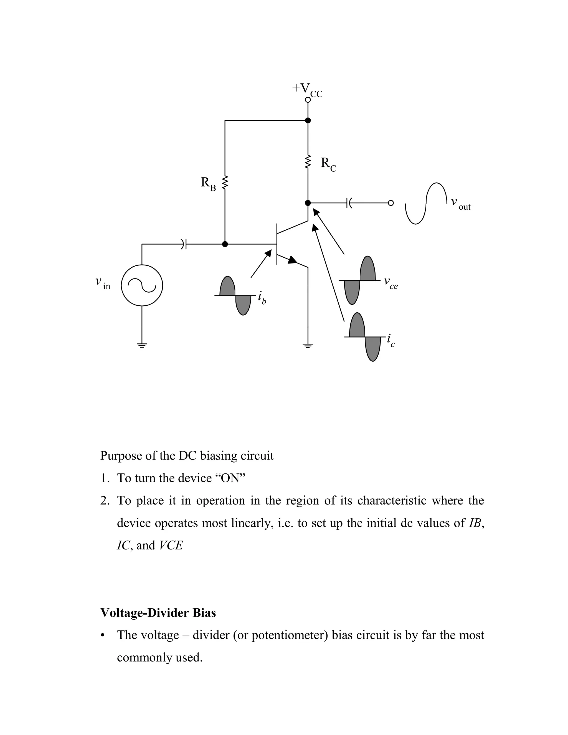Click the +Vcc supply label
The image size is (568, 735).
click(x=307, y=89)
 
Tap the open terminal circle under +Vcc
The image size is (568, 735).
click(x=308, y=100)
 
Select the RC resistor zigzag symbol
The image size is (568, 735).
click(x=308, y=162)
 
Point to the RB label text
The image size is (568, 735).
click(x=208, y=184)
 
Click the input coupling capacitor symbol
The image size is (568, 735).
click(x=184, y=244)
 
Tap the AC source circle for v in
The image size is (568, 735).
click(x=142, y=285)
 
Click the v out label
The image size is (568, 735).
click(x=460, y=203)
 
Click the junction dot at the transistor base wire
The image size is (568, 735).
click(x=225, y=244)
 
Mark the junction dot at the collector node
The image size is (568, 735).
click(x=308, y=203)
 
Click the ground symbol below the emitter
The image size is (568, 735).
click(x=308, y=345)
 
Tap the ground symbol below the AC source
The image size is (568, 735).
click(x=142, y=345)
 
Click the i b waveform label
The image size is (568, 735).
click(x=262, y=298)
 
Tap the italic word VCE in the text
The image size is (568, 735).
click(x=171, y=546)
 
